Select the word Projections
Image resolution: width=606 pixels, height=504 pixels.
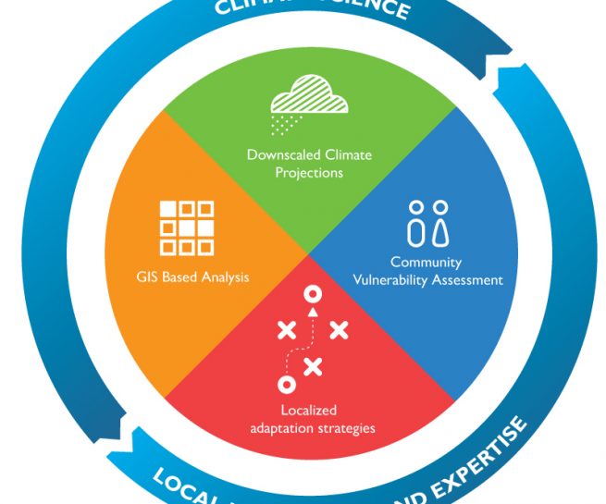[309, 172]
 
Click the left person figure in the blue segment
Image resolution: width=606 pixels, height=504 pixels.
[416, 225]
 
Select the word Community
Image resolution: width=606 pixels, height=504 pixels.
[426, 263]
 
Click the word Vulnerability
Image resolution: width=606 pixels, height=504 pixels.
[405, 280]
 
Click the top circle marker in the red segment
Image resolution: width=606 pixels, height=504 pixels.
[313, 294]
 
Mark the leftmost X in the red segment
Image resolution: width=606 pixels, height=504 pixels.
[287, 328]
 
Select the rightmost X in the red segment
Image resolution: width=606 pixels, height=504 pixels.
[339, 328]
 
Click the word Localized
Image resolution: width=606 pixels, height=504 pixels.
[309, 410]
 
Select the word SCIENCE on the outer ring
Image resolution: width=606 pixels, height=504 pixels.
[371, 7]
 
